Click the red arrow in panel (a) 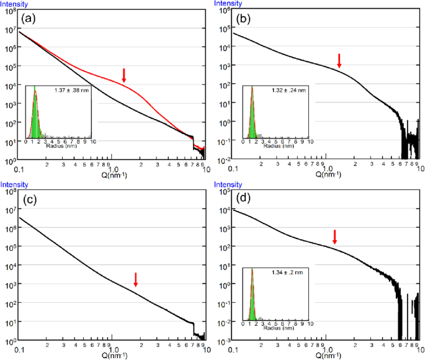point(124,75)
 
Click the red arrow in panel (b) point(339,61)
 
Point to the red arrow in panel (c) point(136,279)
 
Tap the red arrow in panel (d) point(335,236)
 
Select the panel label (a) point(28,18)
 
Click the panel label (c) point(28,200)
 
